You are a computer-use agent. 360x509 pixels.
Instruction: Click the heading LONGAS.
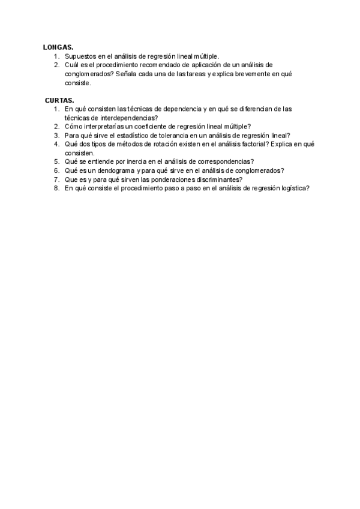pos(58,47)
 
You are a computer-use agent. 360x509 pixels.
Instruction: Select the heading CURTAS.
pos(59,100)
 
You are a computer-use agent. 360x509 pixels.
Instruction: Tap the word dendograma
pos(115,170)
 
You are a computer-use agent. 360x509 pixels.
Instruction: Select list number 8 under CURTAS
pos(56,188)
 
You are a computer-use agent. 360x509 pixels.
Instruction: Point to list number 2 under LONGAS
pos(56,65)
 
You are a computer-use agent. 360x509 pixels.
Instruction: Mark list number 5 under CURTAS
pos(56,162)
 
